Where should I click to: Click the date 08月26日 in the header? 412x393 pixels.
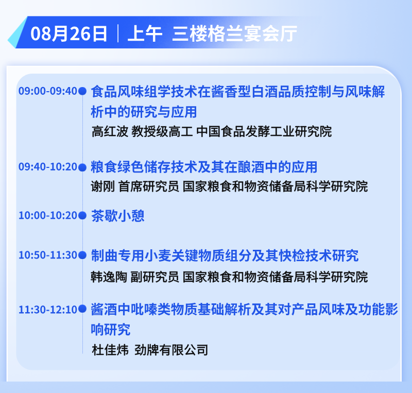click(x=69, y=33)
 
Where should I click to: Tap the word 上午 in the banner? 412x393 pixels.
click(x=145, y=33)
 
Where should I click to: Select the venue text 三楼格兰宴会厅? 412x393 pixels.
click(x=235, y=33)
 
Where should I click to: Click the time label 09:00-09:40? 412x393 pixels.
click(x=48, y=91)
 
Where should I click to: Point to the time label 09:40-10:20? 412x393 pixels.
click(x=48, y=167)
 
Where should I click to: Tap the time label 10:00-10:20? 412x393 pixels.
click(x=48, y=216)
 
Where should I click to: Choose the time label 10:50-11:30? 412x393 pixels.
click(x=48, y=255)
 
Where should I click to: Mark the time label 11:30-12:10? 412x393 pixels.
click(x=48, y=310)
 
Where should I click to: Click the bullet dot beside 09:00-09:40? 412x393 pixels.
click(x=82, y=91)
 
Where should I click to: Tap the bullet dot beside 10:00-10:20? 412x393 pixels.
click(x=82, y=216)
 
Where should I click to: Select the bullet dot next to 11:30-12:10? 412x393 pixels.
click(x=82, y=309)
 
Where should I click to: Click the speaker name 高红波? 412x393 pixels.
click(x=110, y=131)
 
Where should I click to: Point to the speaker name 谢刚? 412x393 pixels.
click(x=103, y=186)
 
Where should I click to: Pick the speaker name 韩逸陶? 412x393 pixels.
click(x=109, y=277)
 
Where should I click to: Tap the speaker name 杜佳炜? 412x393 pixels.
click(x=110, y=350)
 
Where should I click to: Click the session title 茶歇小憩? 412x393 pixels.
click(x=118, y=216)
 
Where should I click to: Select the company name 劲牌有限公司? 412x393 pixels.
click(x=171, y=350)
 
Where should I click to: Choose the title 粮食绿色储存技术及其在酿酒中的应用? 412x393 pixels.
click(x=204, y=167)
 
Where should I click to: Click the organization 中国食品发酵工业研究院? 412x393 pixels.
click(x=264, y=131)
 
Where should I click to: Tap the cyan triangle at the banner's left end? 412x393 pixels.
click(x=16, y=33)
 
